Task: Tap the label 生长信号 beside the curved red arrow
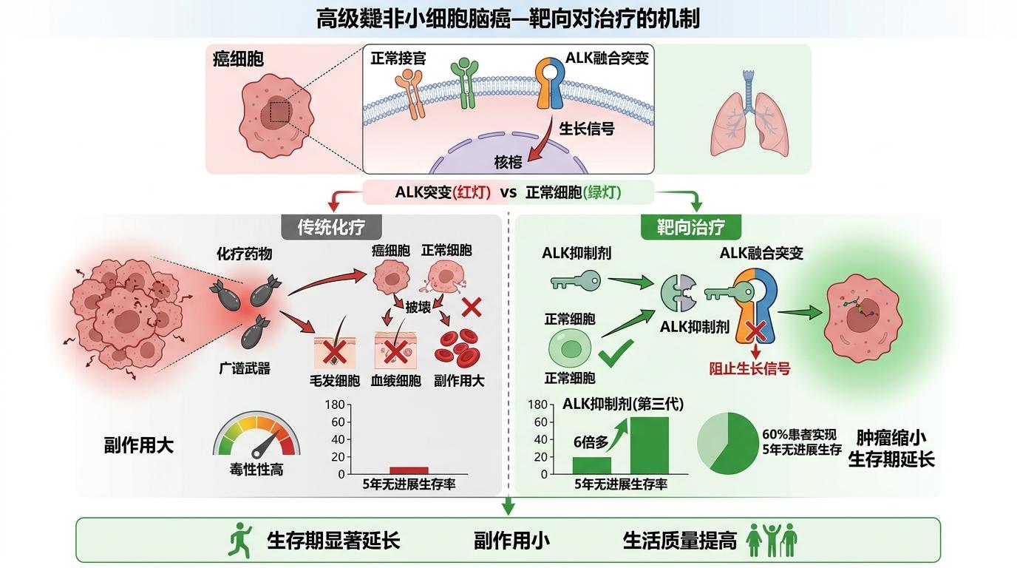(x=586, y=128)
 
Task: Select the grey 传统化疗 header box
(x=330, y=227)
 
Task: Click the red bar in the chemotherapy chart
(x=409, y=470)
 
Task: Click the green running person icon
(x=240, y=540)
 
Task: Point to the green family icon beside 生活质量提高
(x=772, y=540)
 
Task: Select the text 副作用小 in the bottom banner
(x=511, y=541)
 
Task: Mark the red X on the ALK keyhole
(x=755, y=329)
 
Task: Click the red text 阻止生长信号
(x=749, y=368)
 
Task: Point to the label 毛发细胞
(x=334, y=381)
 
